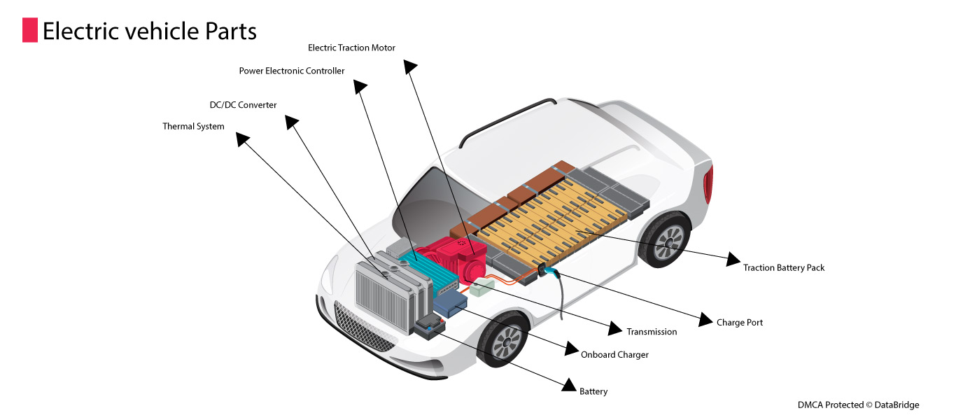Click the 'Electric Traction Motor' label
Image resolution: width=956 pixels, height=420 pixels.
[x=351, y=48]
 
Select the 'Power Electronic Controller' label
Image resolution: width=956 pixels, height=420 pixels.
[x=292, y=71]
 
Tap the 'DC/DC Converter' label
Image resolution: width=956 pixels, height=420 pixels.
[x=243, y=105]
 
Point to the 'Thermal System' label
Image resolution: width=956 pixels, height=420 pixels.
[x=193, y=127]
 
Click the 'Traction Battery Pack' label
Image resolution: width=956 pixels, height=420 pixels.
[x=784, y=268]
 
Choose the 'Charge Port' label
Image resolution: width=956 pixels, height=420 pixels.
[x=739, y=323]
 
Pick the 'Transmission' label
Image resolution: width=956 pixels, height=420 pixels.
[x=652, y=332]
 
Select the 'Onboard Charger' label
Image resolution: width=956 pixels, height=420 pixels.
[x=614, y=355]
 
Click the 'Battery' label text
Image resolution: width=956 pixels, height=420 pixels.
[x=593, y=391]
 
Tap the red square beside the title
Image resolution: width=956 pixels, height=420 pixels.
[x=29, y=31]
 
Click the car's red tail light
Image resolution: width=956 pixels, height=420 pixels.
[x=708, y=184]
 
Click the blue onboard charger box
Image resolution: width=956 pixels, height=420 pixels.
[x=451, y=303]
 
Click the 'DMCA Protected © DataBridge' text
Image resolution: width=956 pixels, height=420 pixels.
[x=858, y=405]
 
